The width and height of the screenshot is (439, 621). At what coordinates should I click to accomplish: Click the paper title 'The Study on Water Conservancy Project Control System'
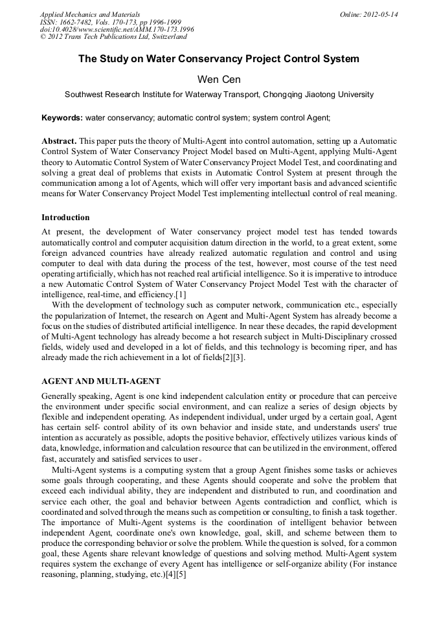(219, 59)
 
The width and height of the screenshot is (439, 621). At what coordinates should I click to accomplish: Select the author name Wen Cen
(219, 79)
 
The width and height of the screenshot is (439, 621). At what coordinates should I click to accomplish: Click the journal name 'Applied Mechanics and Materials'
(89, 14)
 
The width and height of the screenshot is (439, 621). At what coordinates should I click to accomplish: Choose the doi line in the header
(117, 30)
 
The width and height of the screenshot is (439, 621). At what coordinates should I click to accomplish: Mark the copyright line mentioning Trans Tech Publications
(113, 38)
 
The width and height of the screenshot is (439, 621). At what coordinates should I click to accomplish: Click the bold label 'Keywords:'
(62, 118)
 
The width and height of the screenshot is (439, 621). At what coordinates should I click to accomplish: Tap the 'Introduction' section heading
(65, 218)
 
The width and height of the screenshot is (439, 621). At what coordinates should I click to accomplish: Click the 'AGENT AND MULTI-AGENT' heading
(101, 381)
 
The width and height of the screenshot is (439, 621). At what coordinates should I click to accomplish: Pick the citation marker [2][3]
(232, 358)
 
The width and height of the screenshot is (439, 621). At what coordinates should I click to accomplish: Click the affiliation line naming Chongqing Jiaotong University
(219, 95)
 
